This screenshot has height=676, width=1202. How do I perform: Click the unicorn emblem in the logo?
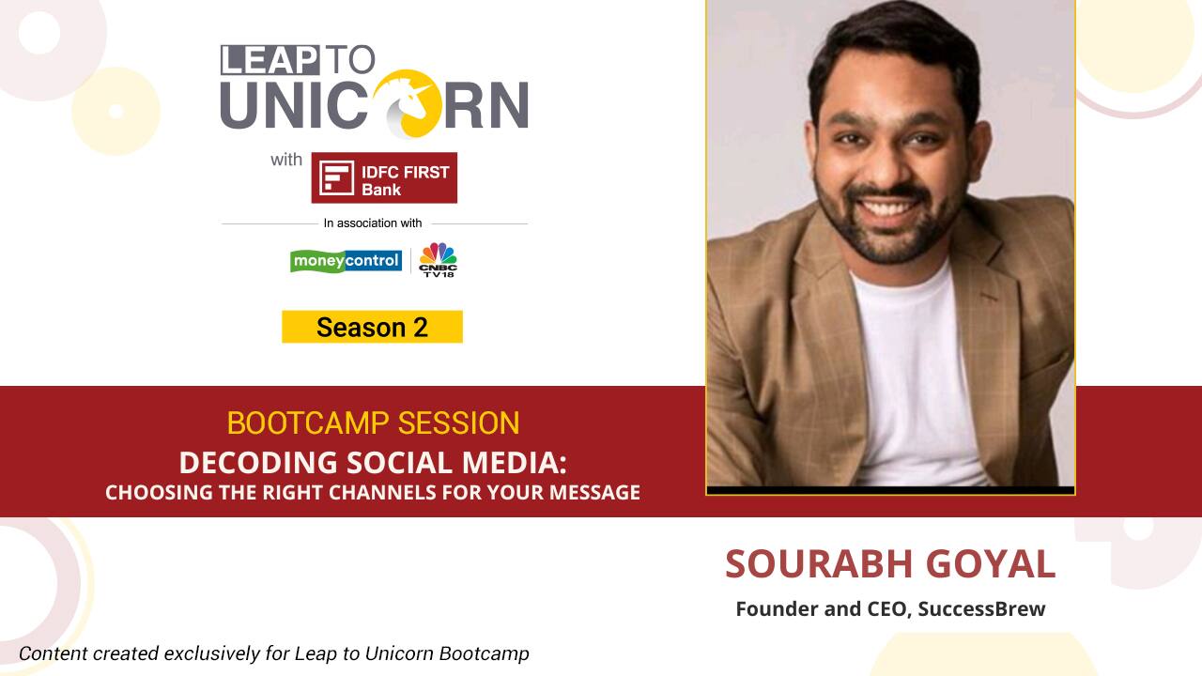click(407, 103)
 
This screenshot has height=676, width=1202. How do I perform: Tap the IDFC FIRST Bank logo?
click(384, 177)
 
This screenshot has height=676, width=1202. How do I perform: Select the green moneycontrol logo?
click(346, 260)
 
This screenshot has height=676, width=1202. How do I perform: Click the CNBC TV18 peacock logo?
click(438, 259)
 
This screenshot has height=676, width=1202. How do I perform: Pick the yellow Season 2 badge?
click(372, 327)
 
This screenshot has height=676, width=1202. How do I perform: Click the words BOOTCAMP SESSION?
click(373, 423)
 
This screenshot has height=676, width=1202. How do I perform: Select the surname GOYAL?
click(991, 563)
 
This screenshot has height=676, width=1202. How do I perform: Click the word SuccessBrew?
click(981, 608)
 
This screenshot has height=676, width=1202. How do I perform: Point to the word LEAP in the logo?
click(269, 59)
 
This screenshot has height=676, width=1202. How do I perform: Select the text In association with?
click(373, 223)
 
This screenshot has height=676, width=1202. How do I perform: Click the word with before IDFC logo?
click(286, 160)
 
